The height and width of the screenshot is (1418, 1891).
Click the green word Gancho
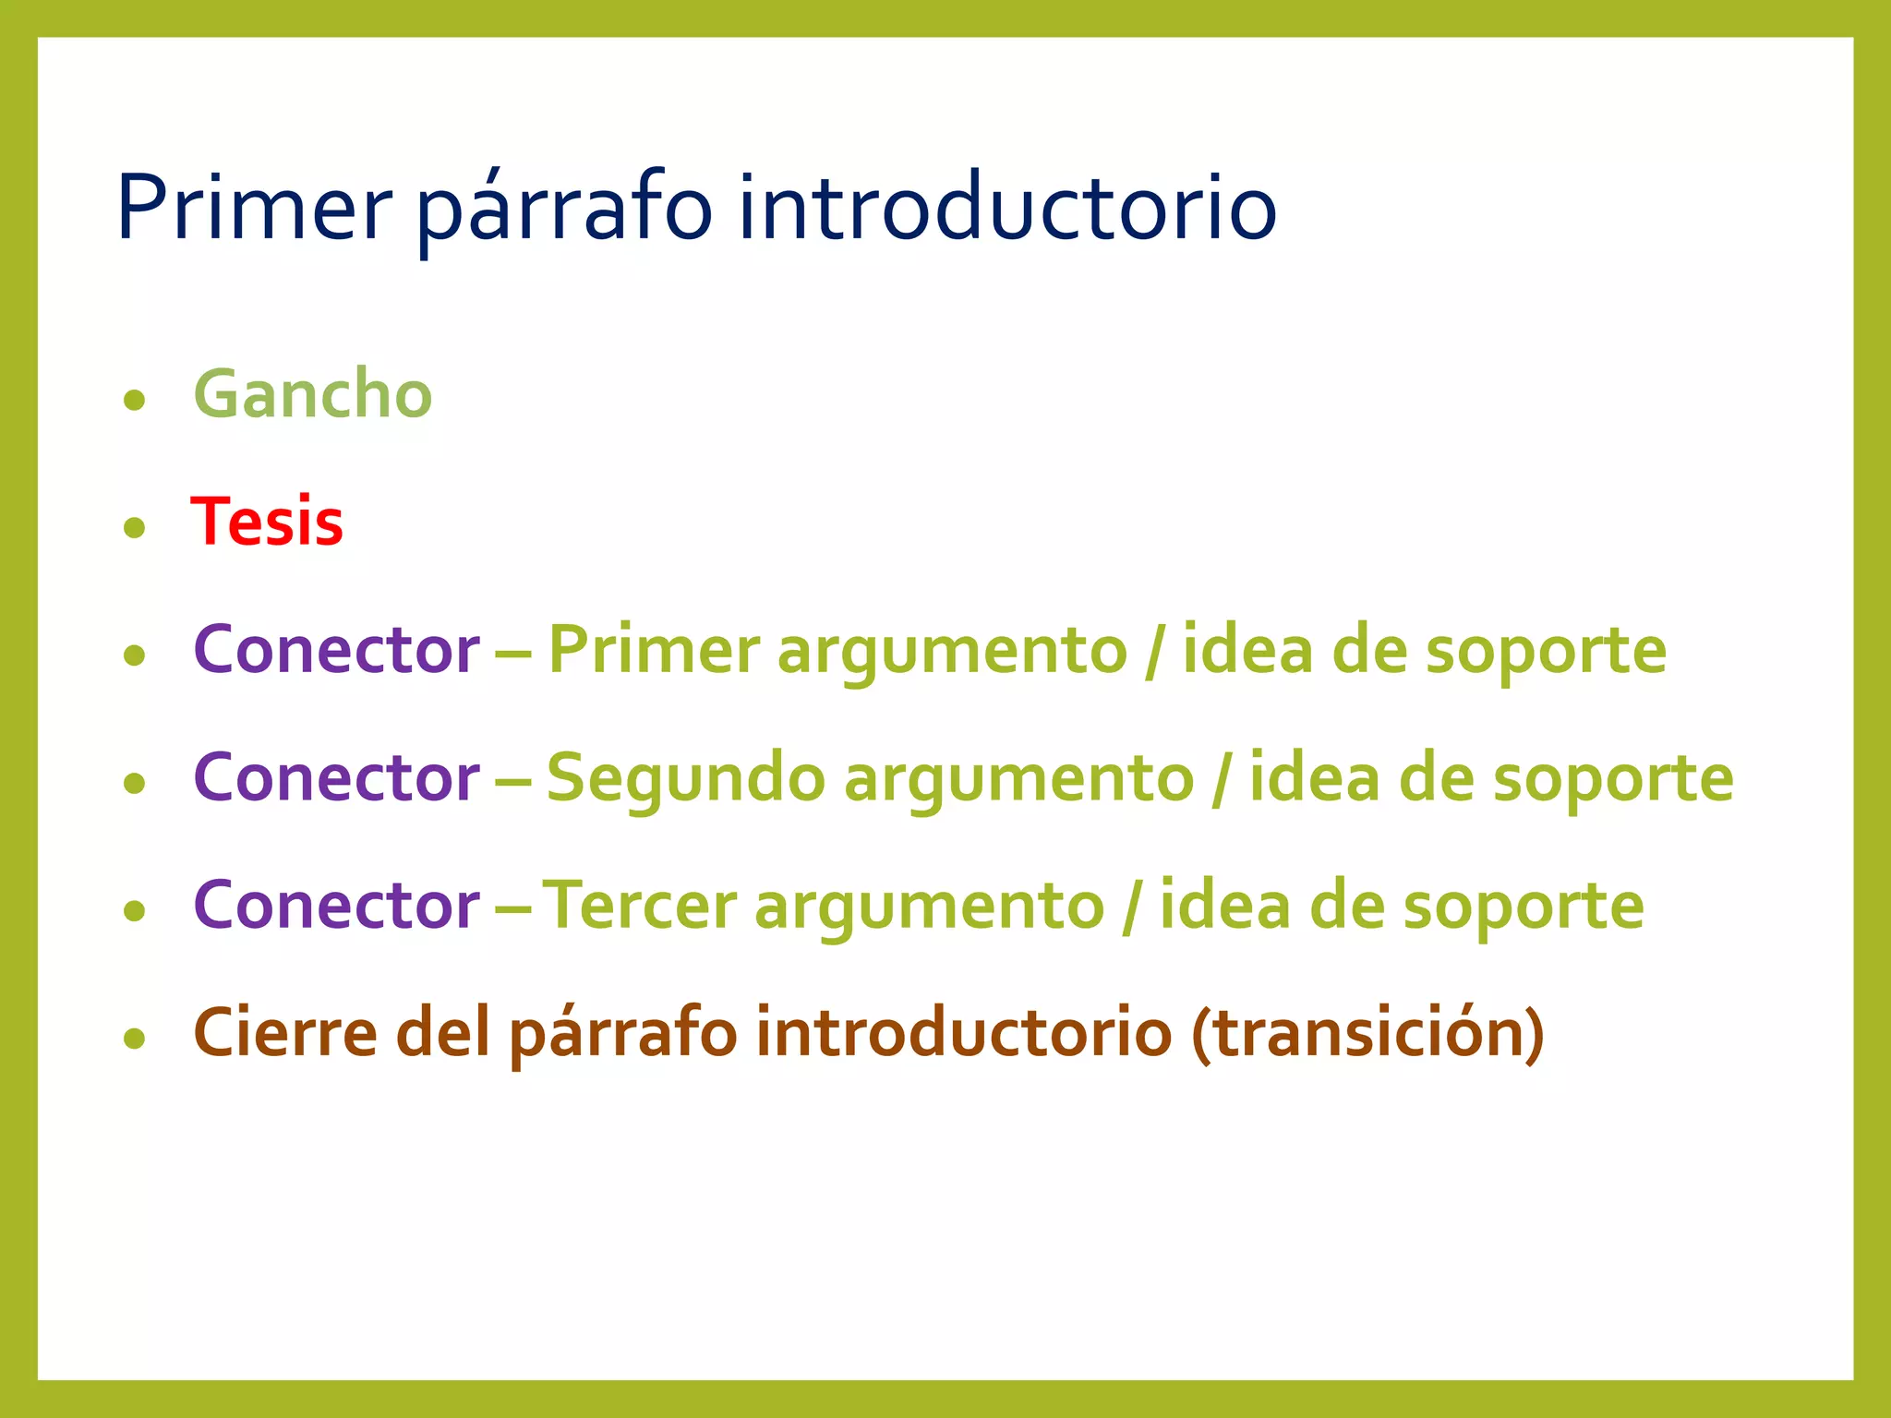(312, 395)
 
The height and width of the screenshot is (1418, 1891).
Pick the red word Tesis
(267, 523)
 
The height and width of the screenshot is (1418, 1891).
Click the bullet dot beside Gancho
(135, 400)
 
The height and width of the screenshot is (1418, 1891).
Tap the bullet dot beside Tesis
(135, 527)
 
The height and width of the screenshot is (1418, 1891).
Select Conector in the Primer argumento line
(336, 650)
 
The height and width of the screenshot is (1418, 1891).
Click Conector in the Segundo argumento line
(336, 777)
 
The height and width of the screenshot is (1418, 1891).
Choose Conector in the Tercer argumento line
(336, 905)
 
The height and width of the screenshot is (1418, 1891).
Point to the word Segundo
(685, 777)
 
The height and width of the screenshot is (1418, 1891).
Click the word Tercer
(639, 905)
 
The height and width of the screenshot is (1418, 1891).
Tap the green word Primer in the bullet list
(654, 650)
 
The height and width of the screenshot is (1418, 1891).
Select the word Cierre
(285, 1032)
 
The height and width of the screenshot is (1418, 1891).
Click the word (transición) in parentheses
(1367, 1032)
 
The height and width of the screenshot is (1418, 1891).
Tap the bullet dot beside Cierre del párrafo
(135, 1039)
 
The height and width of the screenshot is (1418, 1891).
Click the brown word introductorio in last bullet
(963, 1032)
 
